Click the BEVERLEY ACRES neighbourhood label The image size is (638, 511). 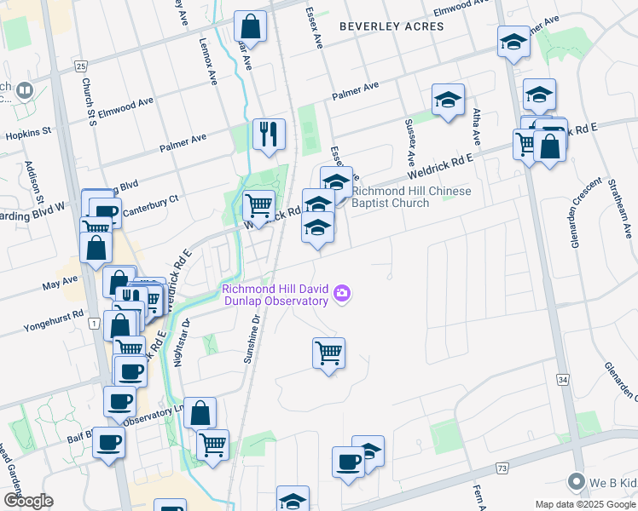(391, 26)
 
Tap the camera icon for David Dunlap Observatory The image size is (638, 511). (342, 294)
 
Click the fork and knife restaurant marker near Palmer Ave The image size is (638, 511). (269, 134)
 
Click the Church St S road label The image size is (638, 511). (88, 100)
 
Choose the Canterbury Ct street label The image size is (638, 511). (150, 200)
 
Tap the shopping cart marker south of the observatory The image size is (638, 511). (328, 352)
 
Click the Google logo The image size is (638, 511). (27, 501)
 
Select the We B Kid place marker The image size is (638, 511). (577, 483)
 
